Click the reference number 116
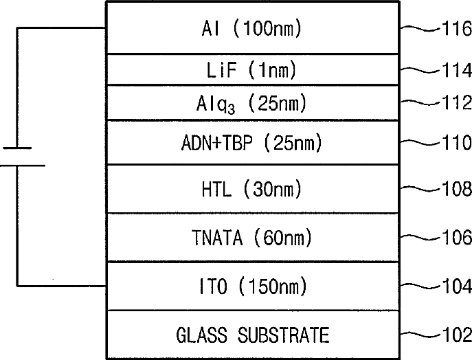(457, 29)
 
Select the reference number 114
(457, 71)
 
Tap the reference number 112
(457, 102)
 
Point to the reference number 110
(457, 142)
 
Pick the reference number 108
(457, 189)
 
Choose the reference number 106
(457, 237)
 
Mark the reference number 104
(457, 286)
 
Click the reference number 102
(457, 335)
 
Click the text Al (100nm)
(251, 29)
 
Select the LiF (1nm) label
(251, 70)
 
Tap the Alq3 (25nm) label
(251, 104)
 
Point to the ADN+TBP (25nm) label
(251, 142)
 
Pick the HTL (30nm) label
(251, 189)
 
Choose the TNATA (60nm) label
(251, 238)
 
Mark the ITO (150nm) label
(253, 286)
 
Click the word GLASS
(202, 335)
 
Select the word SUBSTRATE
(284, 335)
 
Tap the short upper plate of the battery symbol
(17, 148)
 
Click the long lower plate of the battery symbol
(23, 166)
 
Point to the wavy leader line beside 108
(421, 189)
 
